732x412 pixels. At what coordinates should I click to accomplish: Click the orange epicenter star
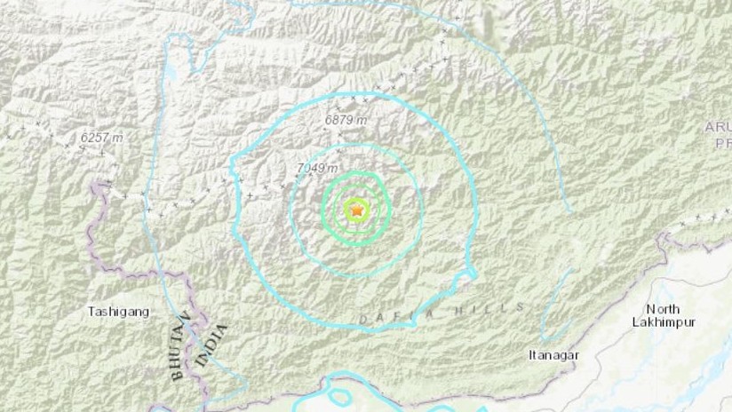point(357,210)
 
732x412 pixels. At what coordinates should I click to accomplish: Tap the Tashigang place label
point(118,312)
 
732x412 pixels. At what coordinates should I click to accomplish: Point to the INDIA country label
point(214,345)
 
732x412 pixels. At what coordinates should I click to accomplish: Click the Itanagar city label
point(553,355)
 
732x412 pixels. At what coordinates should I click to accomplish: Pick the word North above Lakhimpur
point(664,309)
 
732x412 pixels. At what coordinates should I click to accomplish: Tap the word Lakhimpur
point(663,322)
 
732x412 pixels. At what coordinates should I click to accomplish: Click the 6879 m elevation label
point(346,120)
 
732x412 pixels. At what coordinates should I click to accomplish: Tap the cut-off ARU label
point(718,127)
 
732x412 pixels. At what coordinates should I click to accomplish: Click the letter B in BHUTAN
point(177,375)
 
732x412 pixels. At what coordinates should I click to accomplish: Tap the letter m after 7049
point(333,168)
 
